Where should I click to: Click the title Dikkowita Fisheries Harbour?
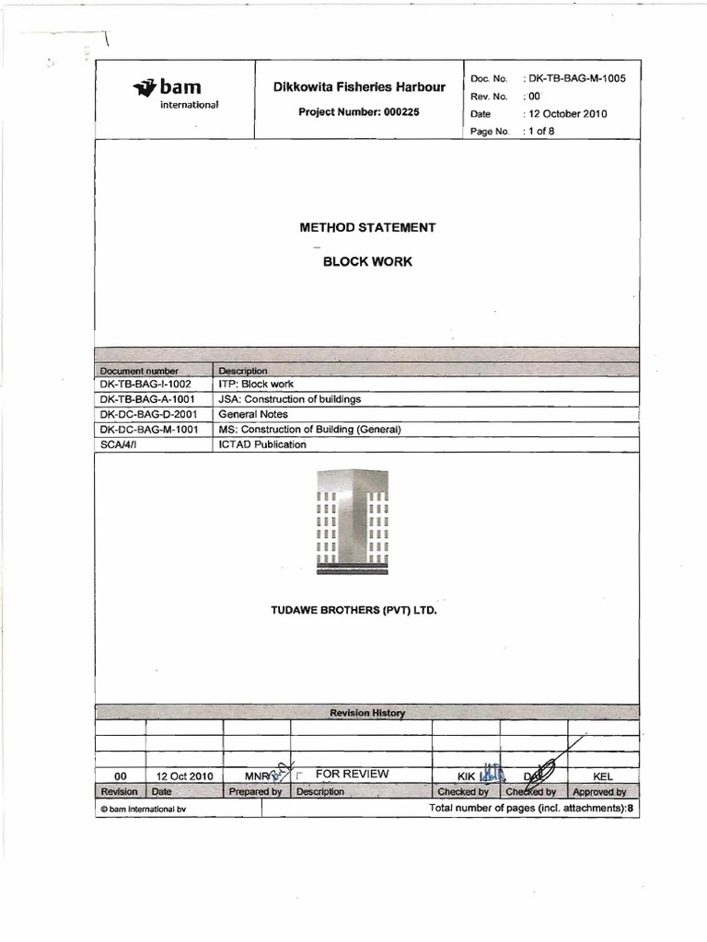coord(359,87)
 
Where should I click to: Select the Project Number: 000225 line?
coord(359,112)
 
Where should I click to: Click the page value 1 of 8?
coord(539,132)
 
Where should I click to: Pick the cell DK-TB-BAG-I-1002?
coord(145,384)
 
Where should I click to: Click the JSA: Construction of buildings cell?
coord(290,399)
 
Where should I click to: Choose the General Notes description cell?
coord(254,414)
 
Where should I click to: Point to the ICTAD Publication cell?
coord(262,444)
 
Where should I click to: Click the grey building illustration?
coord(353,522)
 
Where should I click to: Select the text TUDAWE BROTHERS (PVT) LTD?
coord(353,610)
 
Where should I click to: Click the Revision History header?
coord(367,713)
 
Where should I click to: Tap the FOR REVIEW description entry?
coord(352,775)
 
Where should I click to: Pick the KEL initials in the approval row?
coord(603,776)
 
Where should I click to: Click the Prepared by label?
coord(256,791)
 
